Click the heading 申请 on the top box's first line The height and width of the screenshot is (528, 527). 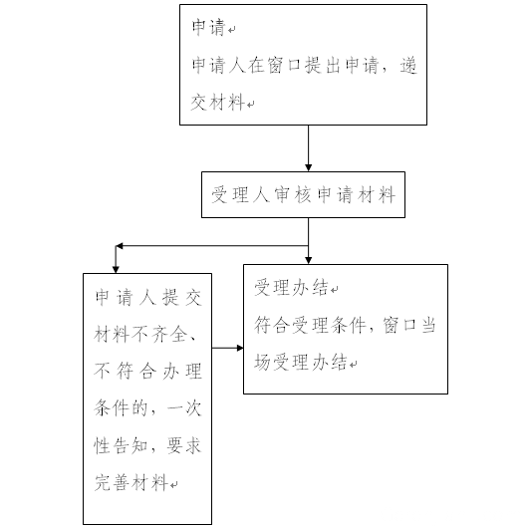click(209, 27)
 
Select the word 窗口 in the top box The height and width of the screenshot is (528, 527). click(285, 65)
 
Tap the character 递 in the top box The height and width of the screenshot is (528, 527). click(408, 65)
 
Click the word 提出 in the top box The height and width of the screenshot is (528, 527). click(323, 65)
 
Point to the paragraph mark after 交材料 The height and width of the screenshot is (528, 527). click(250, 105)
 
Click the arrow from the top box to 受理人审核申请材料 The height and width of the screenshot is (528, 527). click(308, 148)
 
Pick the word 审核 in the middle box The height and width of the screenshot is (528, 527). click(293, 194)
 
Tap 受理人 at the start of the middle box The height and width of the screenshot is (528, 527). click(240, 194)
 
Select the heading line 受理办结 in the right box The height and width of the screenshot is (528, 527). click(292, 288)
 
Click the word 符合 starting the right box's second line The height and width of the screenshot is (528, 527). click(271, 326)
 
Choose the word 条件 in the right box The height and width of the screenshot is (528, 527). click(348, 326)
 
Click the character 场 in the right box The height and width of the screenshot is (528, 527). click(263, 363)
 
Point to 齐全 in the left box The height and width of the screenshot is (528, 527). click(169, 335)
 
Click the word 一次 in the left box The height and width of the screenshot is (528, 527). click(184, 408)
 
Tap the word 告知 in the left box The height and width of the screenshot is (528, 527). click(131, 445)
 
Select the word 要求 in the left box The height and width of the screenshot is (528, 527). click(184, 445)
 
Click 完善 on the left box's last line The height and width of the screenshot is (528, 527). click(112, 482)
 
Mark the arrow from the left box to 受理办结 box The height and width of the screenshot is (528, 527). click(228, 348)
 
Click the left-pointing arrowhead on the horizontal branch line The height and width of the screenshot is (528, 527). click(119, 246)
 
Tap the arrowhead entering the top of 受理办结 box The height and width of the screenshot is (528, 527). click(308, 261)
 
